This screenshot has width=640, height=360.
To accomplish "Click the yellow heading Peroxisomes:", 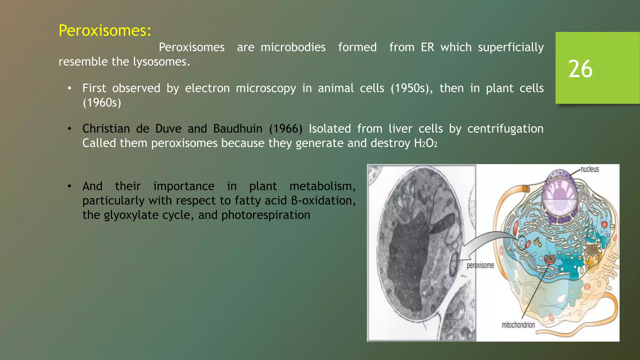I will coord(105,31).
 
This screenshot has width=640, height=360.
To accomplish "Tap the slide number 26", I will coord(580,69).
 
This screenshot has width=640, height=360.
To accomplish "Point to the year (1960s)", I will coord(102,103).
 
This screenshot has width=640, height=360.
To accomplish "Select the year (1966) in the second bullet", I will coord(286,129).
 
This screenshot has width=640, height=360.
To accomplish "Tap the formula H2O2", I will coord(426,143).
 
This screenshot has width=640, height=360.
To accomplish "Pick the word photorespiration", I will coord(266,215).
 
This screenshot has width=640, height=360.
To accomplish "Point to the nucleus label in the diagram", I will coord(589,169).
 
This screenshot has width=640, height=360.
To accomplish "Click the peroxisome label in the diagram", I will coord(480,266).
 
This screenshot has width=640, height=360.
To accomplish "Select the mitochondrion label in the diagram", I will coord(518,325).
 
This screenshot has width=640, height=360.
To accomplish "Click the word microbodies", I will coord(293,47).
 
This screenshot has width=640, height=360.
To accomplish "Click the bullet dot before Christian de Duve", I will coord(69,129).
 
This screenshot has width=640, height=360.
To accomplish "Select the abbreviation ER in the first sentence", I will coord(427,47).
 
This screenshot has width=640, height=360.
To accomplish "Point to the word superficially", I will coord(511,47).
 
